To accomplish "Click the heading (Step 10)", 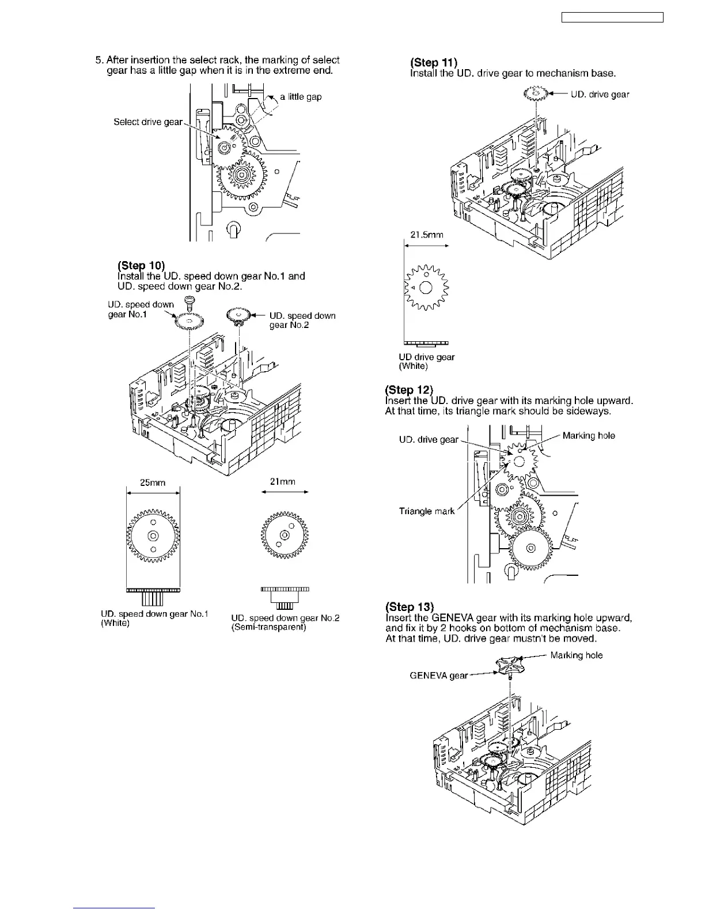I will pos(141,266).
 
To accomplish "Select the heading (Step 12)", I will pos(408,390).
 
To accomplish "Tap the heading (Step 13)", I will pos(409,607).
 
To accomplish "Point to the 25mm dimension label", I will pos(153,483).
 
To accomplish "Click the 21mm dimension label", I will pos(282,482).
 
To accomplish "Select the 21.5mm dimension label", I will pos(427,235).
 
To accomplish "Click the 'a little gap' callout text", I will pos(301,97).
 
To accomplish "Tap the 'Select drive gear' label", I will pos(148,122).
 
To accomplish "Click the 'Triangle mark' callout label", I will pos(427,511).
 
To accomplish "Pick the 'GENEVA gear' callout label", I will pos(438,676).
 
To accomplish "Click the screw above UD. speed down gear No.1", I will pos(187,301).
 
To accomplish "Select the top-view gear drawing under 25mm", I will pos(153,535).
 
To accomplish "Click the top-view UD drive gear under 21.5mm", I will pos(426,288).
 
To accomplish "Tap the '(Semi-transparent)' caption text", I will pos(268,627).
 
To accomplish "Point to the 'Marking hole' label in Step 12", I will pos(588,436).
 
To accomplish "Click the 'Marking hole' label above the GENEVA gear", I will pos(576,655).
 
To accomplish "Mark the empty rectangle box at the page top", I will pos(612,18).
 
